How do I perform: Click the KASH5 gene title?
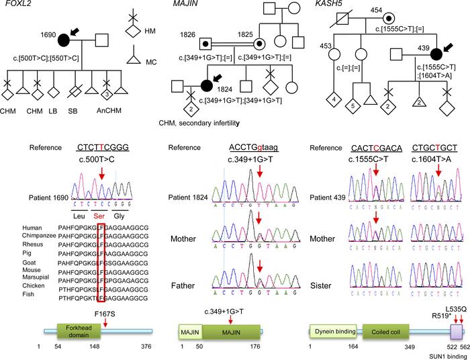pyautogui.click(x=328, y=7)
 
